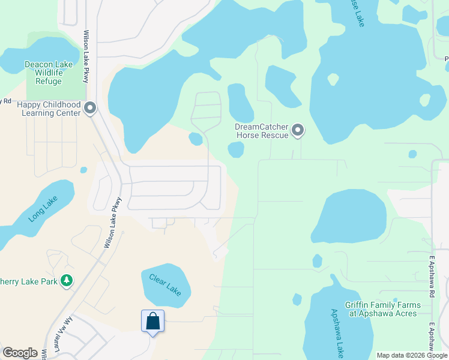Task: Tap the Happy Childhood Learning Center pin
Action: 91,109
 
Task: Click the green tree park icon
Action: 67,280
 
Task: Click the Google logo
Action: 20,353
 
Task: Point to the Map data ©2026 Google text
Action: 412,355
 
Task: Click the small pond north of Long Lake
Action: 83,170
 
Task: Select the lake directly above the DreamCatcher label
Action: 240,103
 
